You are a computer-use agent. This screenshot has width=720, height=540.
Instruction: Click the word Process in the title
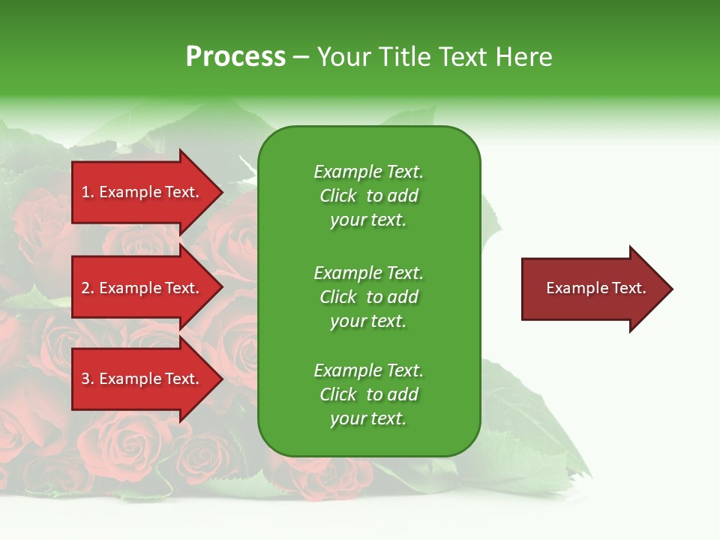coord(235,57)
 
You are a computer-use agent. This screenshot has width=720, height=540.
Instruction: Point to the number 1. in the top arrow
coord(88,192)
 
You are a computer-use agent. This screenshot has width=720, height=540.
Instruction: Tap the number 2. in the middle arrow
coord(88,288)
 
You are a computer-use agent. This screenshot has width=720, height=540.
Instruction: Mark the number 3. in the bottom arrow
coord(88,379)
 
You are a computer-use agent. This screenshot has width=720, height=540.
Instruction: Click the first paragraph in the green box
coord(368,196)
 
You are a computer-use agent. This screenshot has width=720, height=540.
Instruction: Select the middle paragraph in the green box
coord(368,297)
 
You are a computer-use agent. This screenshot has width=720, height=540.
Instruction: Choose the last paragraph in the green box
coord(368,394)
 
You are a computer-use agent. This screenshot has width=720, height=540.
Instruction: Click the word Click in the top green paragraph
coord(337,196)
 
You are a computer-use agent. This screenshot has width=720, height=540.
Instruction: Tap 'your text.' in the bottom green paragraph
coord(368,418)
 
